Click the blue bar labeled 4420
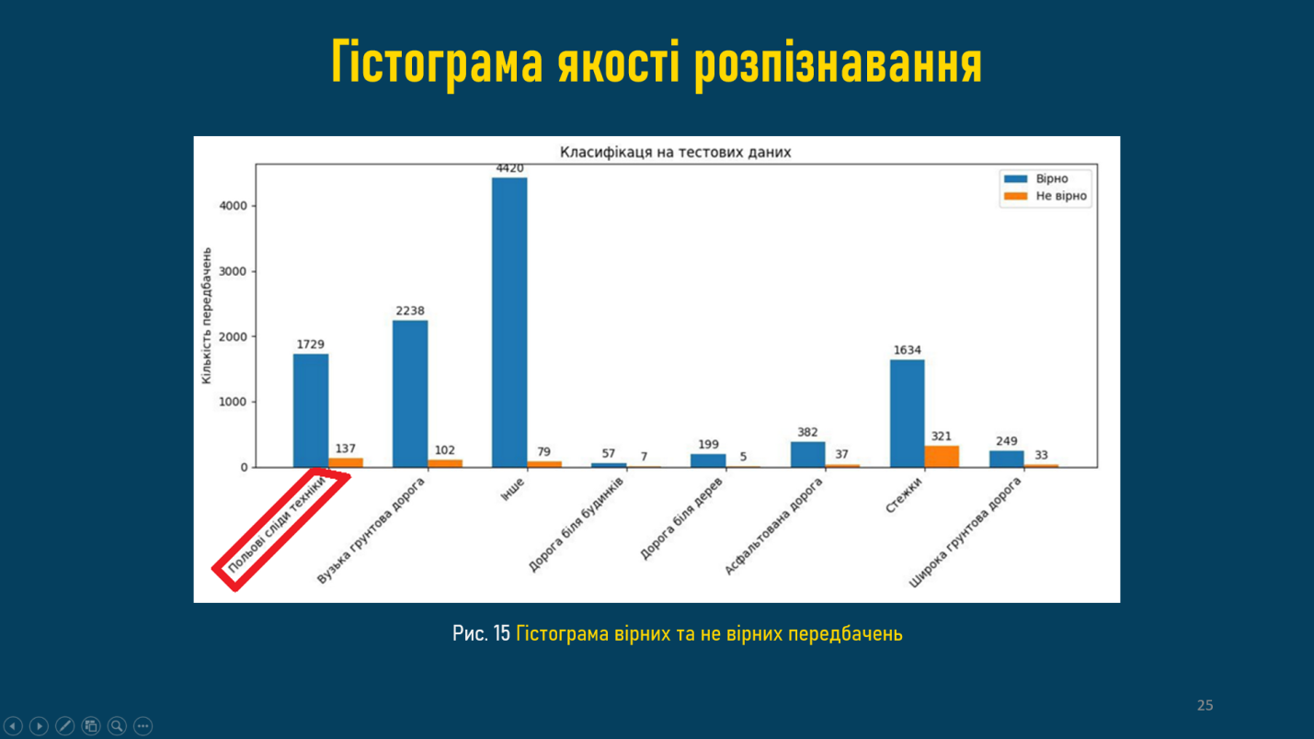(x=509, y=322)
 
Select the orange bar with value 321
(x=942, y=457)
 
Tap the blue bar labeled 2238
(x=410, y=393)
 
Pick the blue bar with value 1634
(x=907, y=414)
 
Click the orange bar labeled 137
(x=346, y=462)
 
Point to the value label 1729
(x=311, y=345)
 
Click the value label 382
(x=807, y=432)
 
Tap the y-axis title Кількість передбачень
(x=207, y=315)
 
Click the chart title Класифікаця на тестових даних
(x=675, y=153)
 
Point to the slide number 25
(x=1205, y=705)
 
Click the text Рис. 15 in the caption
(x=481, y=633)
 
